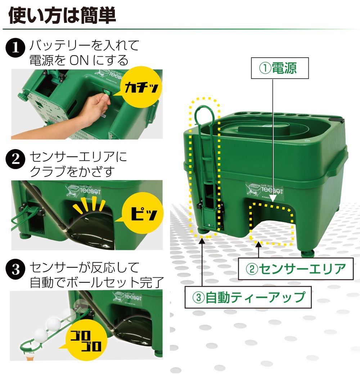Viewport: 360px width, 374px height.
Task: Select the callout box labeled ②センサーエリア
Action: click(x=295, y=268)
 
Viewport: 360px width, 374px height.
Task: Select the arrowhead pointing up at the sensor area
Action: click(x=258, y=245)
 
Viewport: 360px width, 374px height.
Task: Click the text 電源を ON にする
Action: click(x=79, y=59)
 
